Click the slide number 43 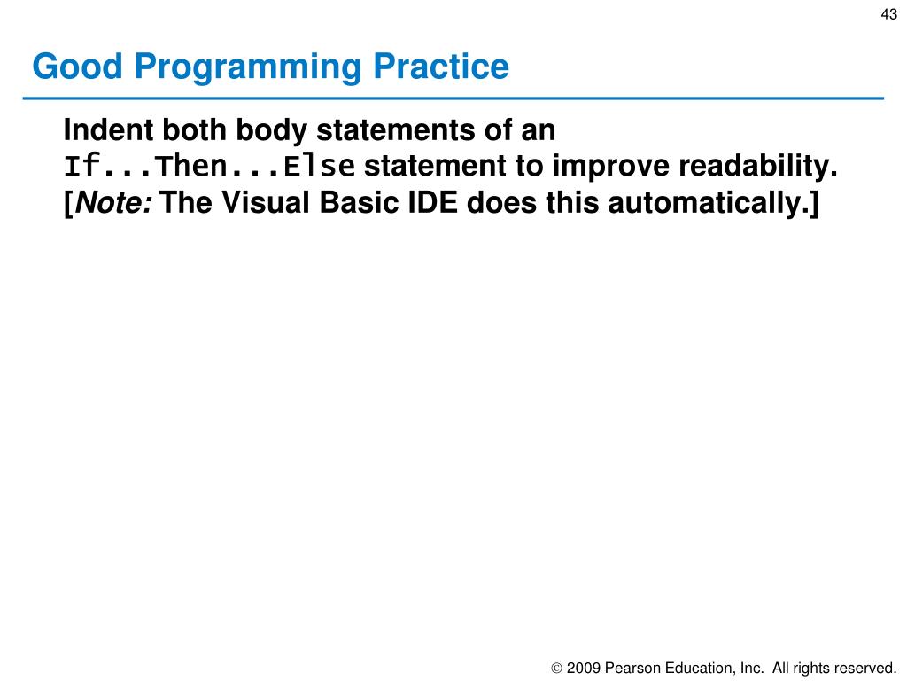(888, 14)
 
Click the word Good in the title (78, 66)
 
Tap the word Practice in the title (441, 66)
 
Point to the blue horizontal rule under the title (453, 98)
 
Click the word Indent (108, 129)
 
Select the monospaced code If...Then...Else (209, 166)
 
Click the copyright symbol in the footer (556, 669)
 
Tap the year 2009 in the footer (583, 669)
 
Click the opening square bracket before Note (69, 205)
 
